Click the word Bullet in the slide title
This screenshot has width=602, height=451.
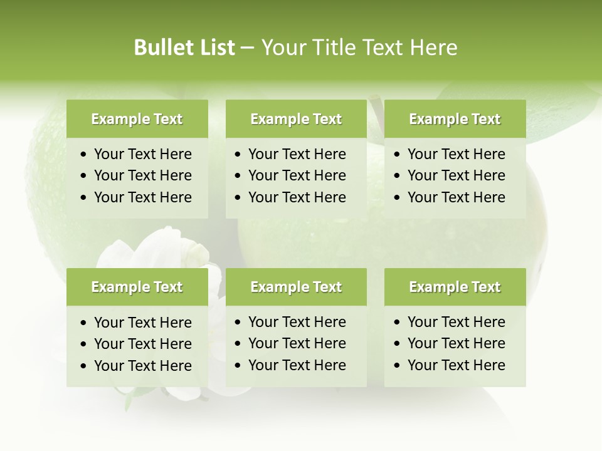tap(161, 48)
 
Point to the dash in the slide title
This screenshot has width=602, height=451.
tap(248, 48)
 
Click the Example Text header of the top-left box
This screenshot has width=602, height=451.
tap(137, 119)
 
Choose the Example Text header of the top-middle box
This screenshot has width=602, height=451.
tap(296, 119)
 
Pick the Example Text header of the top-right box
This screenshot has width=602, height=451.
tap(455, 119)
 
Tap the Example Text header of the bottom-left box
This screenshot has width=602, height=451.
tap(137, 287)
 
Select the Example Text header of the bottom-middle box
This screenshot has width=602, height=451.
tap(296, 287)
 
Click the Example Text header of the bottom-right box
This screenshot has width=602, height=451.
tap(455, 287)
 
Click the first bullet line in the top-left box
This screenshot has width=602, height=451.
tap(142, 154)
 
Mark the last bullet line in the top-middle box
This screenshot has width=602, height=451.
tap(297, 197)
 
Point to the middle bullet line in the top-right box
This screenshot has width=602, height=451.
tap(456, 175)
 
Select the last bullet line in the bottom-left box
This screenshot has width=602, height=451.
tap(142, 366)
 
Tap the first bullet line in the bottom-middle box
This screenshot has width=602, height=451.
tap(297, 322)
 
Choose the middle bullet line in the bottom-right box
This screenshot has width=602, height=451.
tap(456, 343)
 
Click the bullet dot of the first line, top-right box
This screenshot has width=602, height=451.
tap(398, 155)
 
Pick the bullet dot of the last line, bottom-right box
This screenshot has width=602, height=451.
tap(398, 366)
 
